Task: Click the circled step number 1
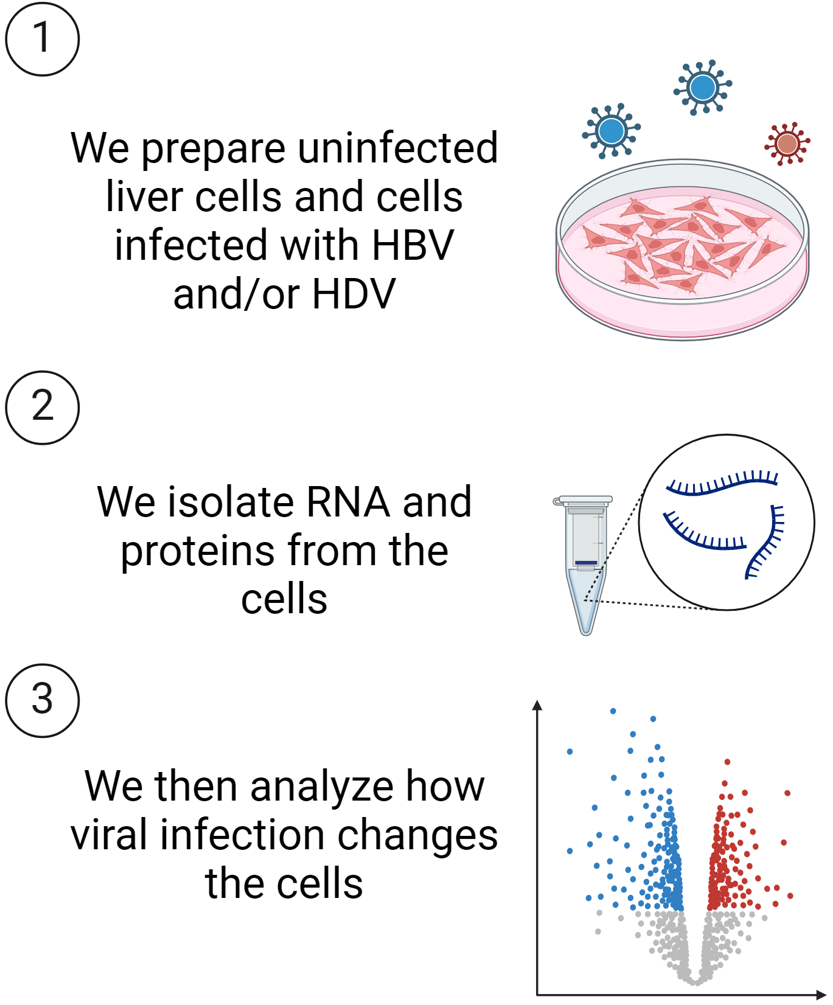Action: pos(42,39)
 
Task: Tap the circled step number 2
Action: pos(42,408)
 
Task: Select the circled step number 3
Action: pos(42,700)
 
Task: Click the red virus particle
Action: pos(787,144)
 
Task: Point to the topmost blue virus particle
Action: pos(703,88)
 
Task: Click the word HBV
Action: pos(413,245)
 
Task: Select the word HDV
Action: pos(354,294)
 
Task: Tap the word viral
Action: pos(110,835)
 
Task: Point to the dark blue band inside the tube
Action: pos(586,563)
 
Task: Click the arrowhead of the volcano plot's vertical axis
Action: pos(537,705)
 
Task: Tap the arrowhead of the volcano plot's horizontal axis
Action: pos(821,995)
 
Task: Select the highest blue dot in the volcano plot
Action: pos(613,711)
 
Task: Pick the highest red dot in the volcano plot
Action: pos(727,762)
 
